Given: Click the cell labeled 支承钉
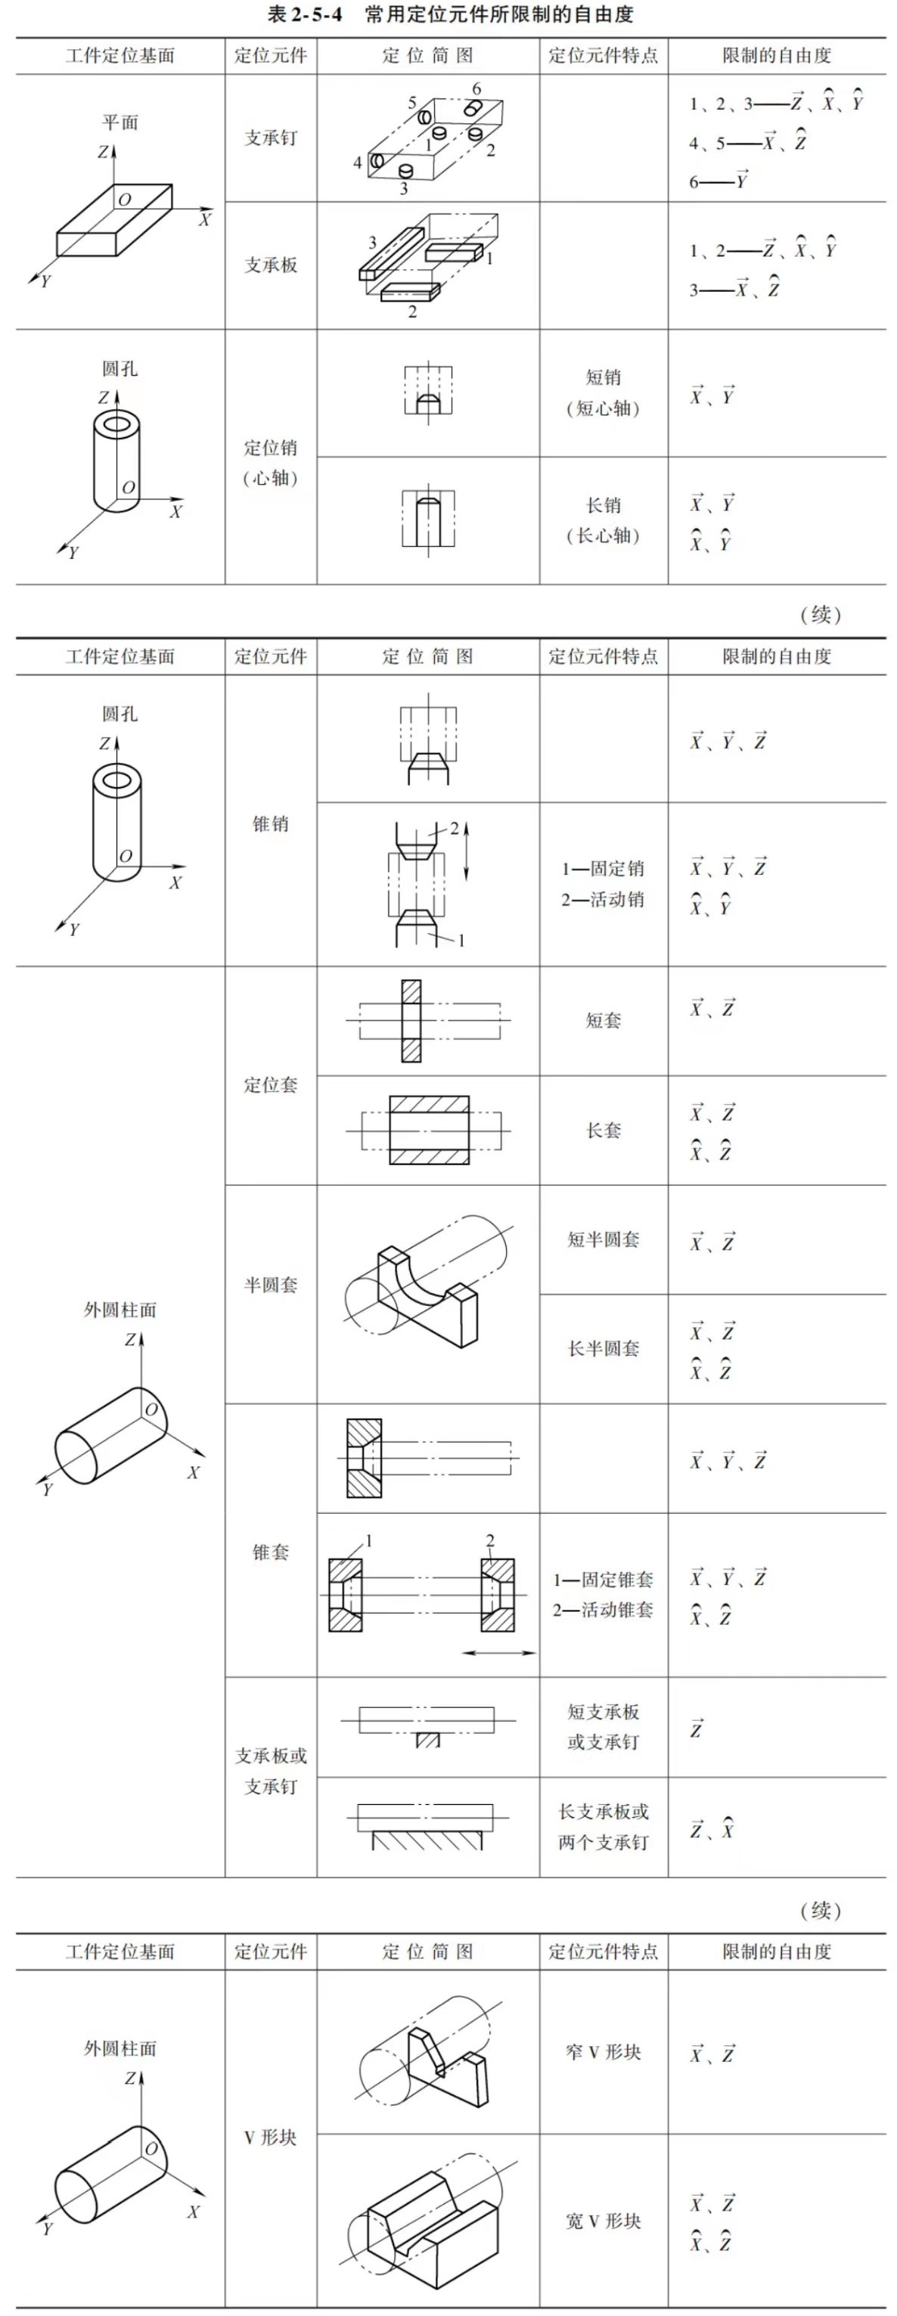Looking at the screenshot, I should click(x=271, y=138).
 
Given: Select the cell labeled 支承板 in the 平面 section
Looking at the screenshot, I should click(x=271, y=265).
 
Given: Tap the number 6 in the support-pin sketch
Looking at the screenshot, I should click(x=476, y=89).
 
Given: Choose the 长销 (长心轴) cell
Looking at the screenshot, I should click(x=603, y=520).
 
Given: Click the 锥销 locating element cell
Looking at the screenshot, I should click(x=271, y=823).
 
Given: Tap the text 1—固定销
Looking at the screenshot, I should click(x=603, y=869).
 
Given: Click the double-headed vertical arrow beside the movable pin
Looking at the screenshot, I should click(x=467, y=851).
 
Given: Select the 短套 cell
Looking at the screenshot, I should click(x=603, y=1019).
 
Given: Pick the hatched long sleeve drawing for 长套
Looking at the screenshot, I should click(x=429, y=1130).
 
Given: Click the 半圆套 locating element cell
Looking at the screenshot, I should click(x=271, y=1285).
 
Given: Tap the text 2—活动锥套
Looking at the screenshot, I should click(x=603, y=1609).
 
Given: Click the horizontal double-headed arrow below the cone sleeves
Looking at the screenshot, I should click(x=499, y=1652).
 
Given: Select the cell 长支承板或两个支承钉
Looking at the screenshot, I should click(x=603, y=1827).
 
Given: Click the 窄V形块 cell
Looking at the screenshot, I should click(x=603, y=2051).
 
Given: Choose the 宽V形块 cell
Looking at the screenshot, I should click(x=603, y=2221).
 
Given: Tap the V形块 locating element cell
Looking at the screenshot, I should click(x=271, y=2137).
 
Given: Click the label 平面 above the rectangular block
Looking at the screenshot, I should click(x=119, y=122).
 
